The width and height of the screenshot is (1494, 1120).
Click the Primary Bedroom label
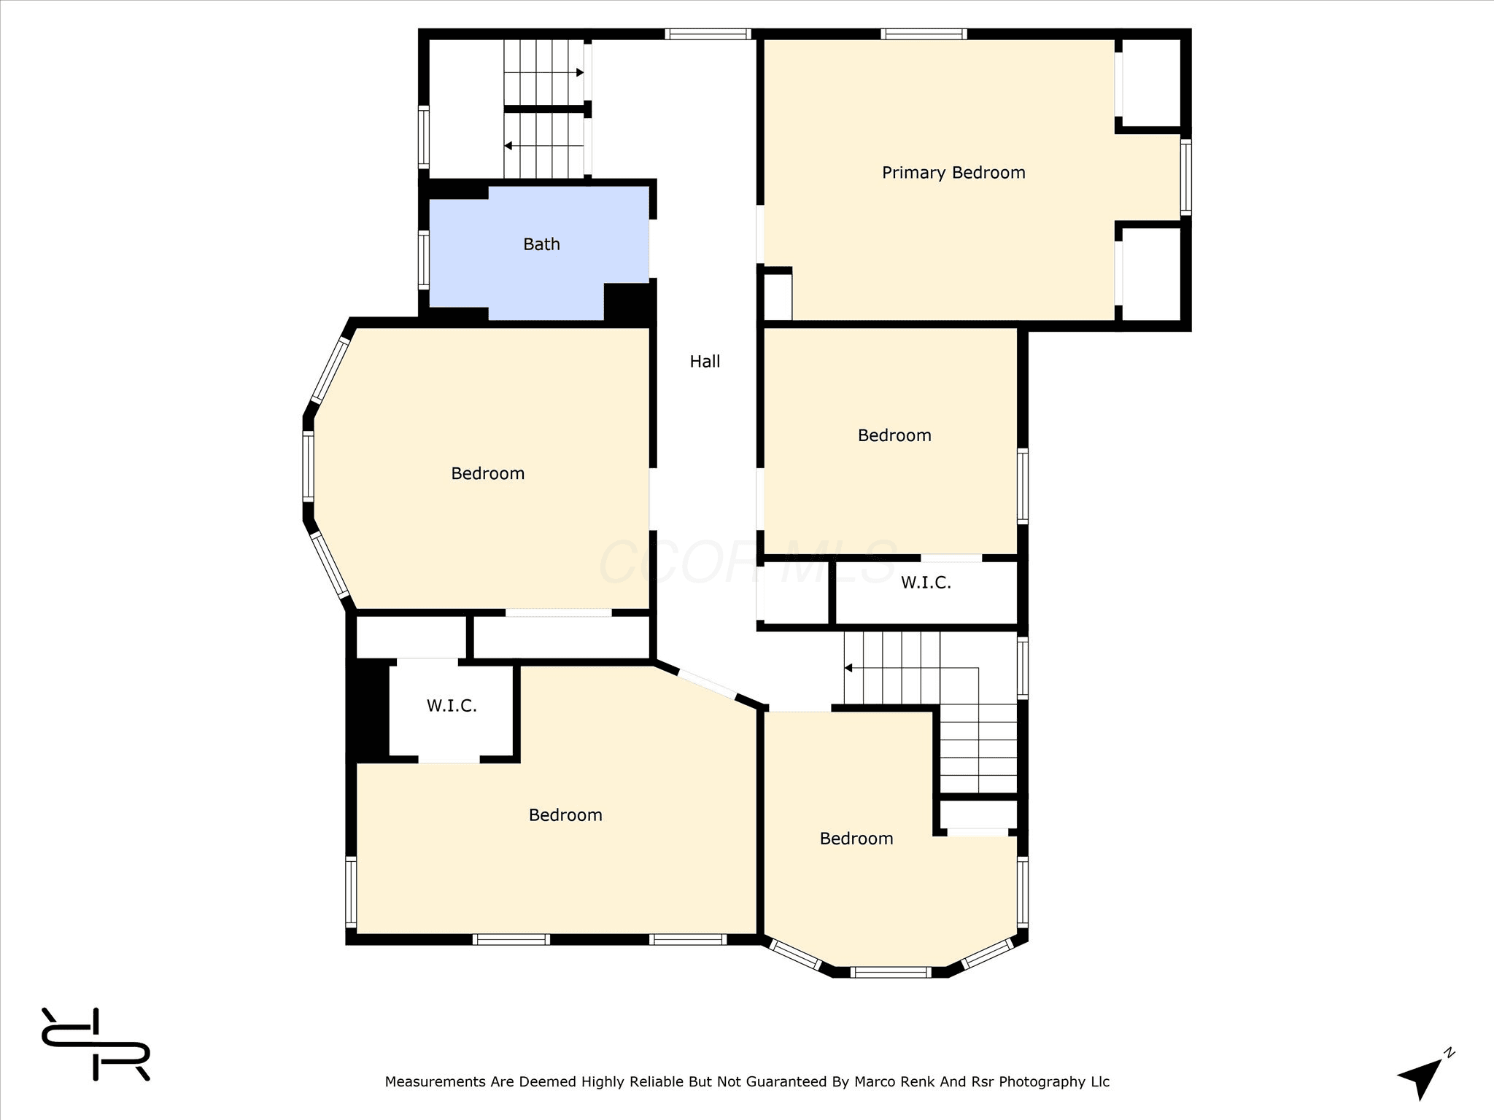[953, 173]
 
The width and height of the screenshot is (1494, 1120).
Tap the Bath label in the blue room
[541, 244]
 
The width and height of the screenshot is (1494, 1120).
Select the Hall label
[705, 361]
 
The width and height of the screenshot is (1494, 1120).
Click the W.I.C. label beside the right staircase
[926, 583]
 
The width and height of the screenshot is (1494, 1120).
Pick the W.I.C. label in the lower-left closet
[452, 706]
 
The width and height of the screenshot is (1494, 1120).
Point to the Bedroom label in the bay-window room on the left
[487, 474]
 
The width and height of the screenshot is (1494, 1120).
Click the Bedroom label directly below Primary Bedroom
[894, 435]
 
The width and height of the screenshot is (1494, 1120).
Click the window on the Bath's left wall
[423, 259]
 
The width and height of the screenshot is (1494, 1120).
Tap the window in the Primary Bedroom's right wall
[1185, 177]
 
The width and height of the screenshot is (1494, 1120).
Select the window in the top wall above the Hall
[708, 34]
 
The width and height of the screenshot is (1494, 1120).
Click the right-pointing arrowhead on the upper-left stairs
[580, 73]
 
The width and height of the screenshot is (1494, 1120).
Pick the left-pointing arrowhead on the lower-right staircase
[848, 668]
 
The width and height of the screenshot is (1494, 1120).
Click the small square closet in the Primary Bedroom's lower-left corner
[776, 295]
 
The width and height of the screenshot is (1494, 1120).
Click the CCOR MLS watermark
[748, 562]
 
